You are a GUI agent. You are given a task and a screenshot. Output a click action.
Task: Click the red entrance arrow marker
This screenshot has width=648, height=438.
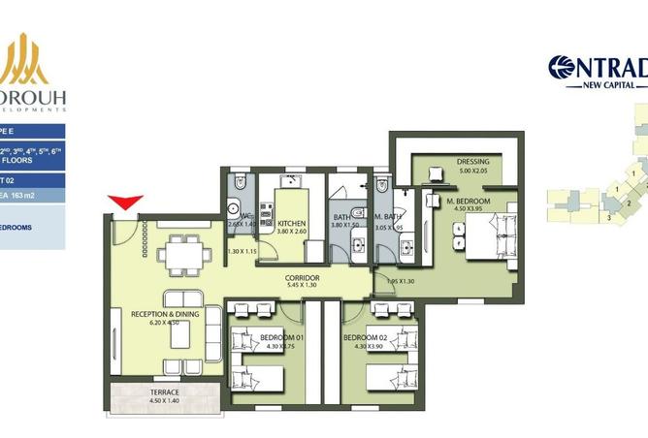125,203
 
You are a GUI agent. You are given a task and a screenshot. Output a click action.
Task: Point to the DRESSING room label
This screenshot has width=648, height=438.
473,162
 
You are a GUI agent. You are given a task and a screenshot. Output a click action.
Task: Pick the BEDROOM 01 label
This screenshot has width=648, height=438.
279,337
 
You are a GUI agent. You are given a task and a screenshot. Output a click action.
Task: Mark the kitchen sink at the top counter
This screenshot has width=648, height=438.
290,181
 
